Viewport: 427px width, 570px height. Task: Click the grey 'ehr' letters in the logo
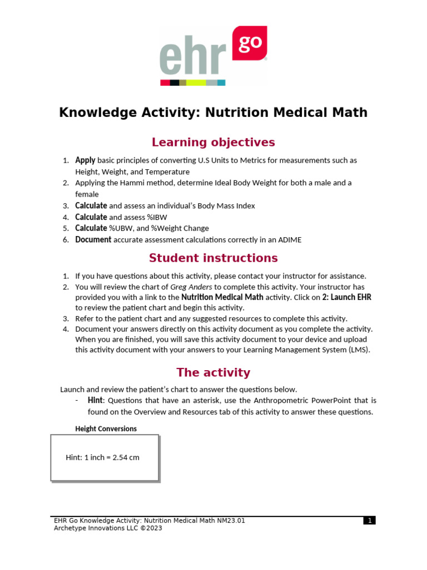[192, 58]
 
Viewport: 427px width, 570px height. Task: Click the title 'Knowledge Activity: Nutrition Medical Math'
[213, 112]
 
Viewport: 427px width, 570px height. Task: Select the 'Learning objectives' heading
[213, 142]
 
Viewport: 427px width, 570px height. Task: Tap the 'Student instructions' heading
[213, 258]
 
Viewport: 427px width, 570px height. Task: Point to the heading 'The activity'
[213, 372]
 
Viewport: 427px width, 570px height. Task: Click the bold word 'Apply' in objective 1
[86, 160]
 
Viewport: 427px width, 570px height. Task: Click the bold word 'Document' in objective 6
[93, 240]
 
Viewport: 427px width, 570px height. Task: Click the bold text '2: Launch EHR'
[346, 297]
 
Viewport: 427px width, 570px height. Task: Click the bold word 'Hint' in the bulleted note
[95, 401]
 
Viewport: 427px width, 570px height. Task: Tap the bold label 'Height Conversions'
[106, 429]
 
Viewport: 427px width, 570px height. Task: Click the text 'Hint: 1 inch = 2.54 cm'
[102, 458]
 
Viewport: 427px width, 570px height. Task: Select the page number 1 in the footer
[369, 521]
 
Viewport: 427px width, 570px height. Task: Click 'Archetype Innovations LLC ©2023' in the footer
[108, 528]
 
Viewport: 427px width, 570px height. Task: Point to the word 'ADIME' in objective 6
[290, 240]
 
